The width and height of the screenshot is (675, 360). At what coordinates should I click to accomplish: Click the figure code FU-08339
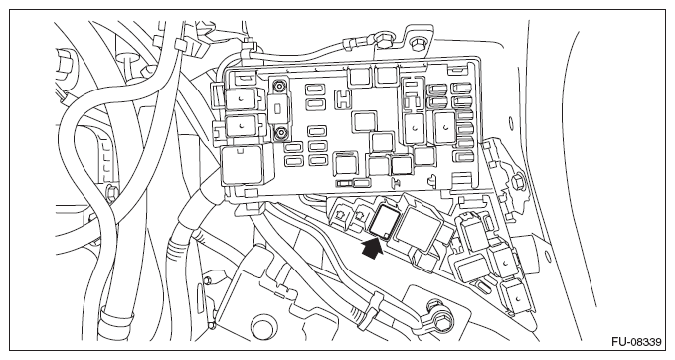click(x=636, y=342)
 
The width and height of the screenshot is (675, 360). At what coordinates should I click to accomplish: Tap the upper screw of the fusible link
click(x=280, y=87)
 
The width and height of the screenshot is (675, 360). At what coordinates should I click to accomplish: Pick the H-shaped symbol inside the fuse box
click(x=343, y=99)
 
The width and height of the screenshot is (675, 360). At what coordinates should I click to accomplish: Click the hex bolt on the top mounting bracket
click(x=418, y=43)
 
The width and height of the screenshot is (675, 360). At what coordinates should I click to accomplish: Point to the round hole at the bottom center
click(x=263, y=328)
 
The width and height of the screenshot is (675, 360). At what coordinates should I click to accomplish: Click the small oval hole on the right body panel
click(x=511, y=123)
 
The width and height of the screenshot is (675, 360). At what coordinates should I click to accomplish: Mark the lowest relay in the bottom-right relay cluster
click(x=514, y=295)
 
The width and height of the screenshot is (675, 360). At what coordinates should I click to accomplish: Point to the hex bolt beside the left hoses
click(x=110, y=193)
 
